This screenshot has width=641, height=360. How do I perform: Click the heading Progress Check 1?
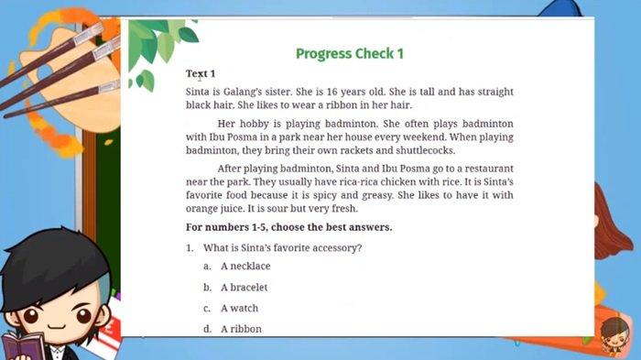[349, 53]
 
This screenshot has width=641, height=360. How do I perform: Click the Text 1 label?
[201, 73]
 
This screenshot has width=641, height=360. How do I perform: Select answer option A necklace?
[245, 267]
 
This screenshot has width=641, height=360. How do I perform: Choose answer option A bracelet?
[244, 288]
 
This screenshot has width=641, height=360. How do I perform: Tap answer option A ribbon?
[241, 329]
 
